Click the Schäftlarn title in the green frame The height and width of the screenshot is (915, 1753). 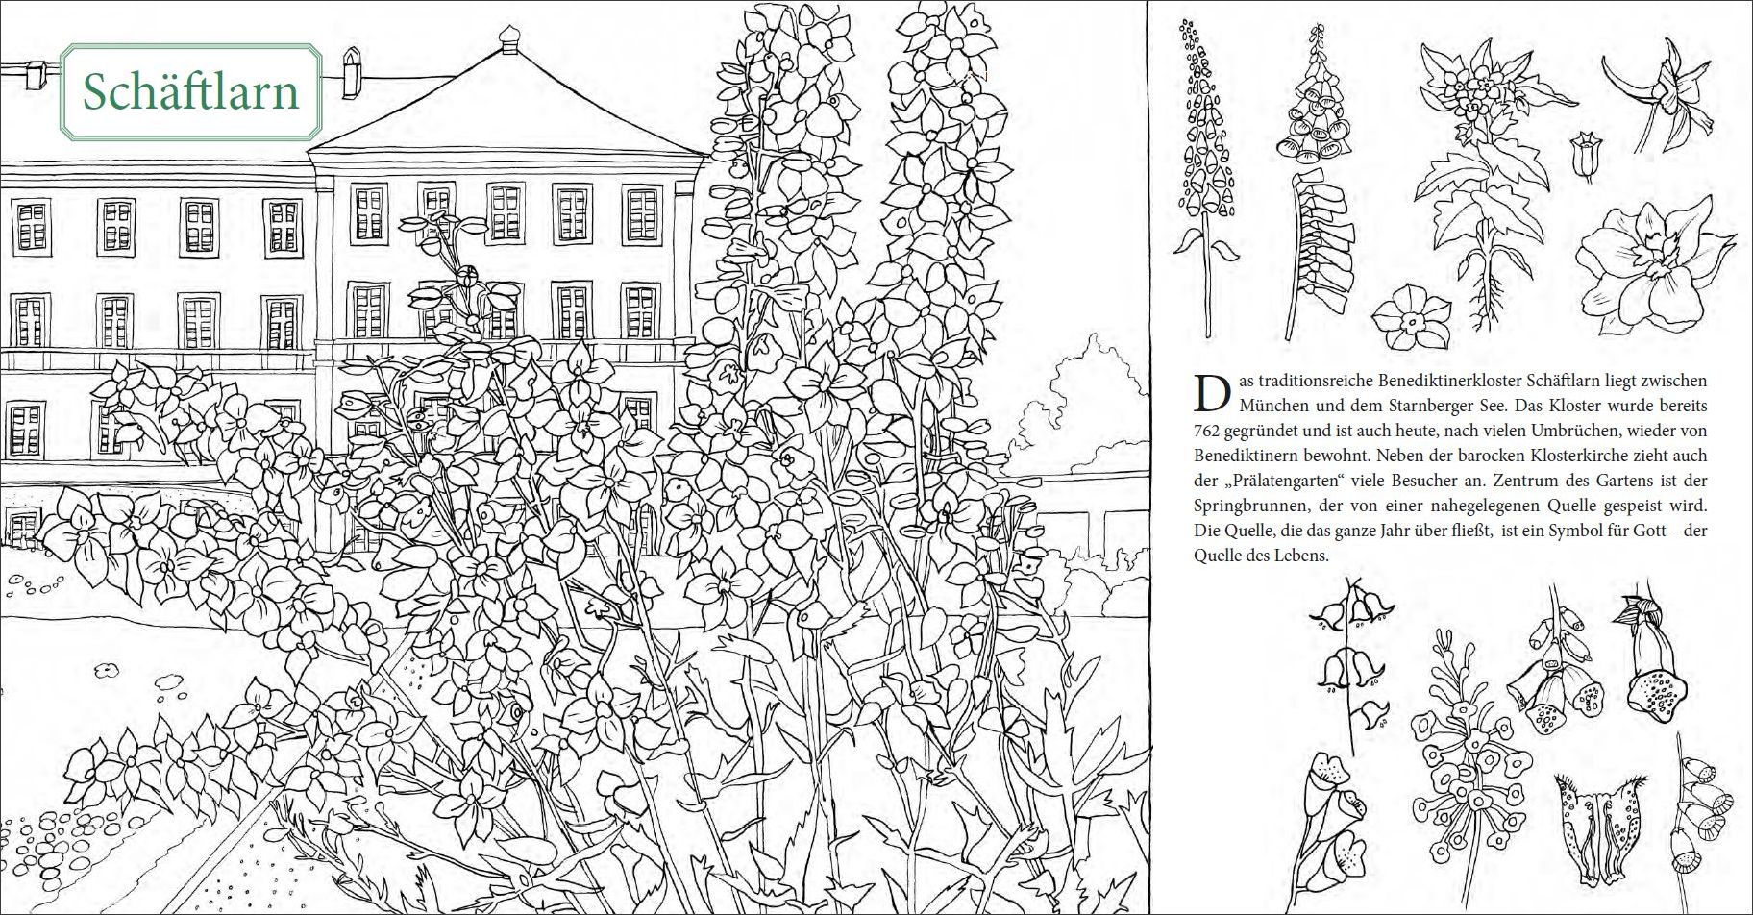190,92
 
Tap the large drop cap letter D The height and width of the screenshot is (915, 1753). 1213,393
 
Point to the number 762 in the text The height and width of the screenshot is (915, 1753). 1207,431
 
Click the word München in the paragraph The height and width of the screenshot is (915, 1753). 1271,406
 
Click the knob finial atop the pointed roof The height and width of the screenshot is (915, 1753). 508,37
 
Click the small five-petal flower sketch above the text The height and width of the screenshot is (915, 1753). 1411,316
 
